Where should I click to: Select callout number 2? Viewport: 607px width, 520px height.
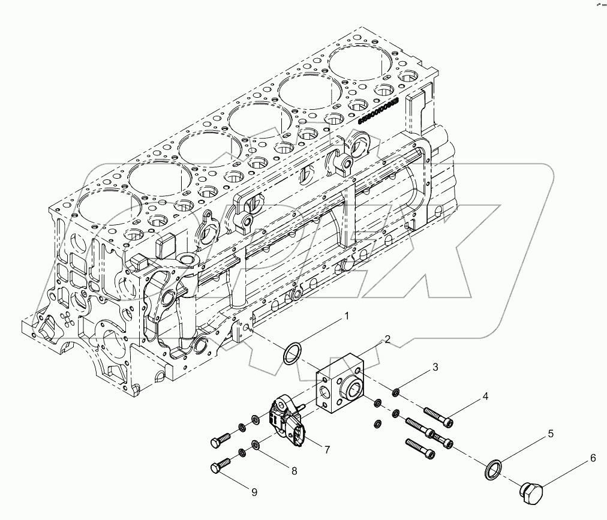click(387, 339)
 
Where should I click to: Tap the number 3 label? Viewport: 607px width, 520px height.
click(436, 366)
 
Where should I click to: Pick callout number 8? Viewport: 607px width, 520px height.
click(294, 471)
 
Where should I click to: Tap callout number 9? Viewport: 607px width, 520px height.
click(254, 492)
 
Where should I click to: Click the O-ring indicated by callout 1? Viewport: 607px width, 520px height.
click(291, 353)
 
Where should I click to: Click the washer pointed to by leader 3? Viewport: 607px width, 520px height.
click(396, 393)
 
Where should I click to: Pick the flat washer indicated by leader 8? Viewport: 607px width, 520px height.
click(255, 445)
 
